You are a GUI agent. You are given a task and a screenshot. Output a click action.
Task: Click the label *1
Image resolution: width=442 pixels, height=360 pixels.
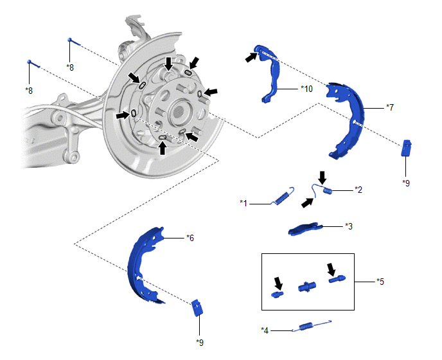click(243, 203)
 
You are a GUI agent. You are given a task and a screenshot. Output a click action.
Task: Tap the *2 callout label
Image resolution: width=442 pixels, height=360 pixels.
click(359, 190)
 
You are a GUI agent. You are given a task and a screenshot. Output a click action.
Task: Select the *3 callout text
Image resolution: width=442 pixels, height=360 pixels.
click(349, 226)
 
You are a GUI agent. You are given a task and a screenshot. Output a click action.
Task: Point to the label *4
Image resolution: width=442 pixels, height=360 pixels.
click(265, 330)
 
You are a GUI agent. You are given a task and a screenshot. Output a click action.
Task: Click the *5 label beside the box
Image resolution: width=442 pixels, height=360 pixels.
click(381, 281)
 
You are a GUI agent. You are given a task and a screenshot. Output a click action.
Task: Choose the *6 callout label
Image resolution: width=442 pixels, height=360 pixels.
click(190, 238)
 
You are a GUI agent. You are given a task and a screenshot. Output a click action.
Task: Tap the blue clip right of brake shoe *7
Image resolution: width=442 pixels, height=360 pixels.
click(406, 148)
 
